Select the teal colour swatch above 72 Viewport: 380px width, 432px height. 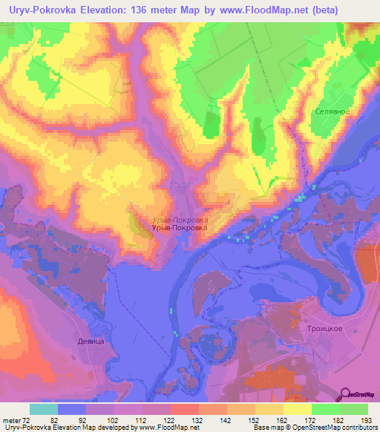[44, 409]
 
